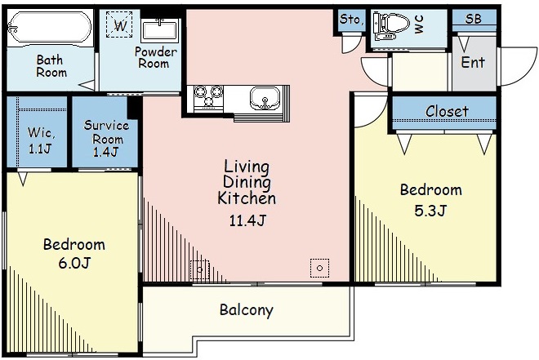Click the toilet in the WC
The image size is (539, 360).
coord(391,26)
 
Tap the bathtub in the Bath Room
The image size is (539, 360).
coord(50,29)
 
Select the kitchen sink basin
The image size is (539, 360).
coord(265,98)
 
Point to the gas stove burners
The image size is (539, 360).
coord(208,96)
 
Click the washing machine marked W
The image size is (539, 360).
coord(119,24)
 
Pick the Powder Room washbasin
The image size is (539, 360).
coord(159,30)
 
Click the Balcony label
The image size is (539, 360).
coord(247,310)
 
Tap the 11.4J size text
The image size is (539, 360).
coord(247,220)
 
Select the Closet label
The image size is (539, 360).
coord(447,111)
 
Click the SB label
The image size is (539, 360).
coord(474,19)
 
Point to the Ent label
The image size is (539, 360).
coord(473,62)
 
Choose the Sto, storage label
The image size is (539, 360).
coord(351,20)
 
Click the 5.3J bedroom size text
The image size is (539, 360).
coord(430,211)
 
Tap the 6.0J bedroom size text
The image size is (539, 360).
coord(74,263)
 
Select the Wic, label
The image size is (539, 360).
coord(41,132)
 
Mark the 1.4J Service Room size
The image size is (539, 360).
coord(105,152)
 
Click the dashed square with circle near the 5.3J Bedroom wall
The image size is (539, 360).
coord(319,268)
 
